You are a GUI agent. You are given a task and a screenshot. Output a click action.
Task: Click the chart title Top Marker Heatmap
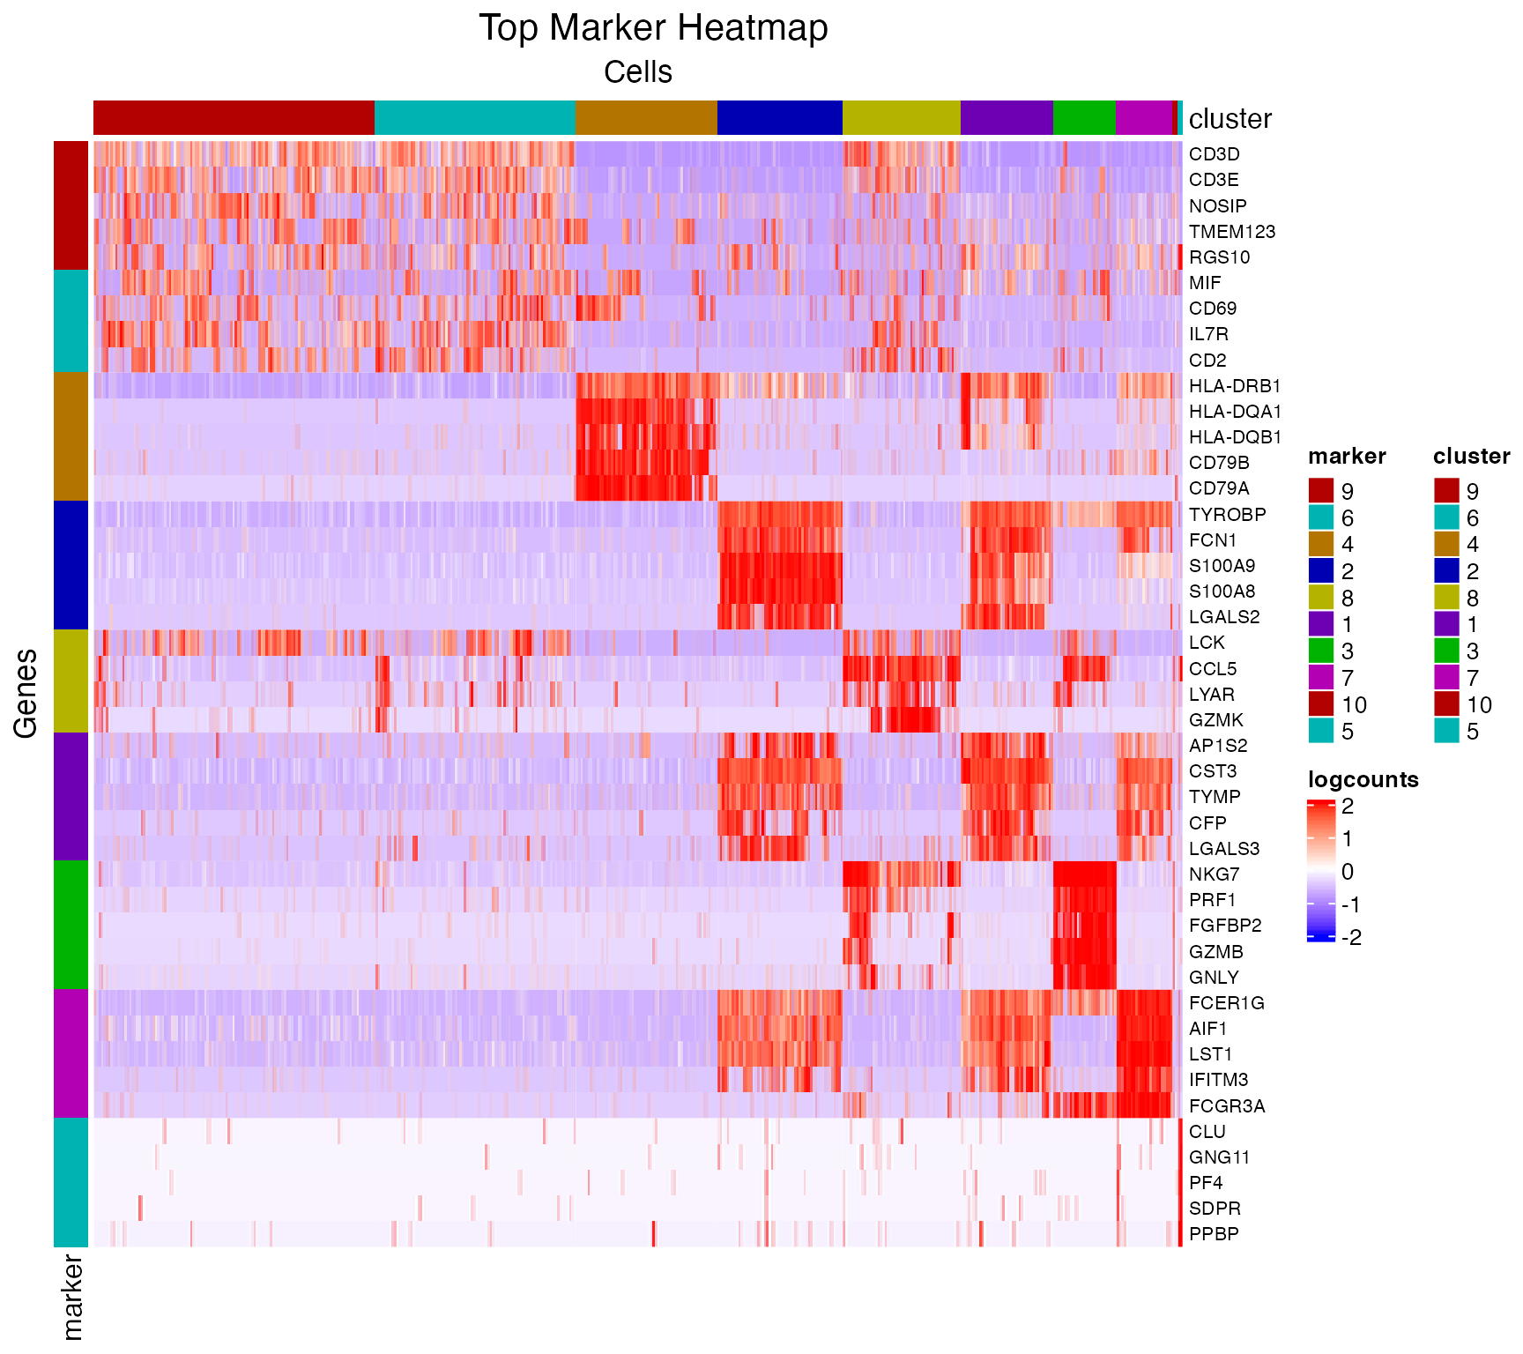[x=653, y=28]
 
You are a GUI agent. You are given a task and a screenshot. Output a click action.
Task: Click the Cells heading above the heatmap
[x=637, y=72]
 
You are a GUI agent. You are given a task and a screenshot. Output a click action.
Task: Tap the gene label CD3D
[x=1214, y=154]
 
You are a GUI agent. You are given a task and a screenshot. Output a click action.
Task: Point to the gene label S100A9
[x=1222, y=566]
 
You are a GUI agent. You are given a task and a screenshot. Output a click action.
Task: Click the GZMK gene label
[x=1215, y=720]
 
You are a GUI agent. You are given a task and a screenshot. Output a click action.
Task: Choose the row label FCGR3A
[x=1227, y=1106]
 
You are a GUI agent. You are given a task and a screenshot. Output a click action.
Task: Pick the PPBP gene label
[x=1214, y=1234]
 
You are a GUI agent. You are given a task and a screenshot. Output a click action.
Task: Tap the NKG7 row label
[x=1214, y=874]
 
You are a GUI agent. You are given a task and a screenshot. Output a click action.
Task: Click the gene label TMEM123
[x=1231, y=232]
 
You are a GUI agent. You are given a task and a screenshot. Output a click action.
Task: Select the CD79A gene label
[x=1219, y=488]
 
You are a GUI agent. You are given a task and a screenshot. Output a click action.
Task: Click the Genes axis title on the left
[x=26, y=693]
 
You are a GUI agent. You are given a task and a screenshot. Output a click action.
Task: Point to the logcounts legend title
[x=1363, y=780]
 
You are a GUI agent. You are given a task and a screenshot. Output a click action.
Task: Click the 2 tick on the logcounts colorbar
[x=1348, y=806]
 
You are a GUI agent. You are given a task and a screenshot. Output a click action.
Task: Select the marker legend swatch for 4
[x=1321, y=544]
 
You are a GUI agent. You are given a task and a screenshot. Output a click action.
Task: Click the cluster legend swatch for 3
[x=1446, y=651]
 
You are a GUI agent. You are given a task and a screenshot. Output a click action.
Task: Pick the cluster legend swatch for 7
[x=1446, y=678]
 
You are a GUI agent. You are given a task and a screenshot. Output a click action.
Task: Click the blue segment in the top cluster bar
[x=779, y=118]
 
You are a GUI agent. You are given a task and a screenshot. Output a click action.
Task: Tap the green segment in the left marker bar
[x=71, y=925]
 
